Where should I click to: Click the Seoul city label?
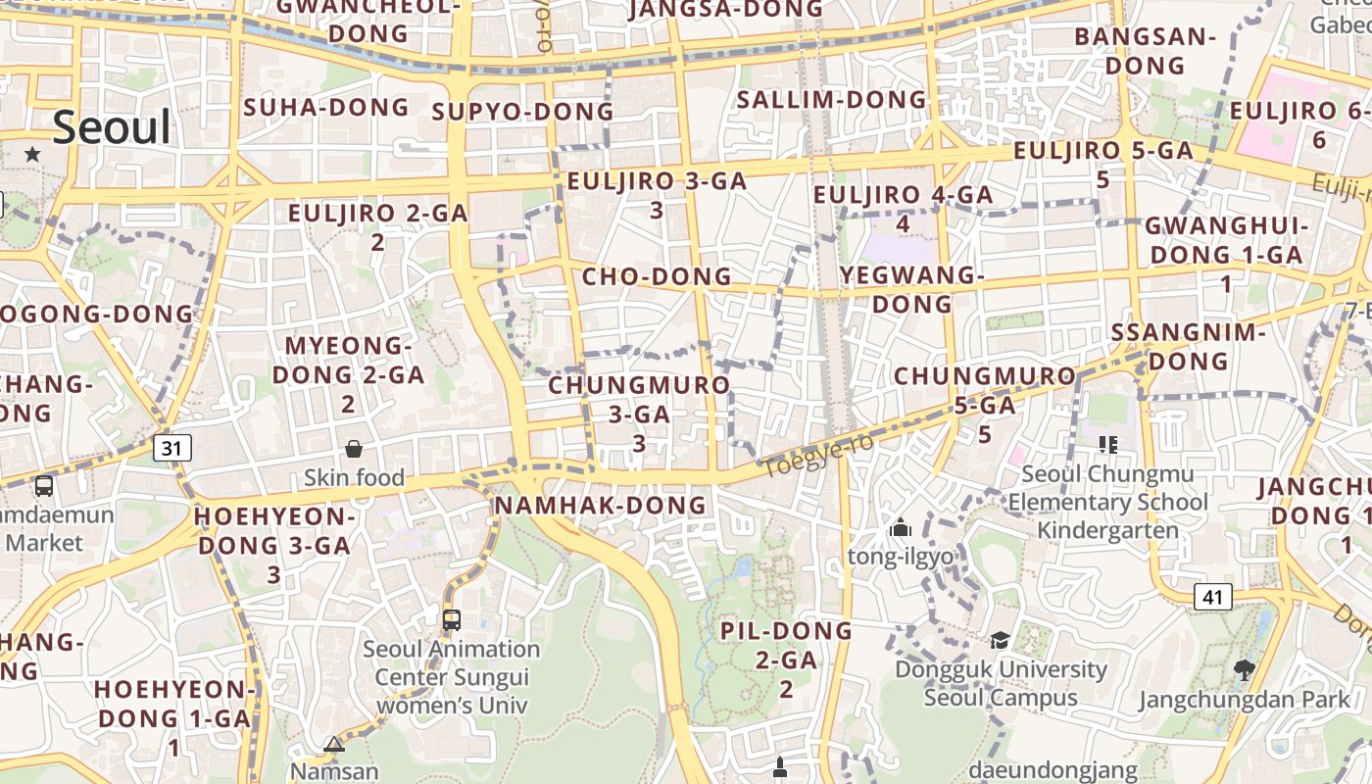pyautogui.click(x=112, y=127)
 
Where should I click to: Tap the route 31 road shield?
pyautogui.click(x=172, y=448)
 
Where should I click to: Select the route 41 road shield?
pyautogui.click(x=1212, y=596)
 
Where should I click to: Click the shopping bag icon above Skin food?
pyautogui.click(x=354, y=449)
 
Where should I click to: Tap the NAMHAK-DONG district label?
pyautogui.click(x=600, y=506)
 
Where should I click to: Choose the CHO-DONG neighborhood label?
pyautogui.click(x=657, y=276)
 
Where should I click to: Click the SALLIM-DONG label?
pyautogui.click(x=831, y=100)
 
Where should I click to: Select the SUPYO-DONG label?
pyautogui.click(x=522, y=112)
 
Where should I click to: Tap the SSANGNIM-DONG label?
pyautogui.click(x=1189, y=346)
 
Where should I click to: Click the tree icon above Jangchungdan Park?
pyautogui.click(x=1245, y=670)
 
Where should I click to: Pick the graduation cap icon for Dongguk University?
pyautogui.click(x=1000, y=640)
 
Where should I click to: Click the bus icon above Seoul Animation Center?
pyautogui.click(x=452, y=619)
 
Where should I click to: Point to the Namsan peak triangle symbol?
pyautogui.click(x=334, y=745)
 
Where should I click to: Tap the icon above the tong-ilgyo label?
pyautogui.click(x=900, y=528)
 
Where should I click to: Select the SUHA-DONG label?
pyautogui.click(x=325, y=107)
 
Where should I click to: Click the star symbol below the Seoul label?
pyautogui.click(x=32, y=154)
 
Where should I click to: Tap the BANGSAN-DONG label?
pyautogui.click(x=1145, y=51)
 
